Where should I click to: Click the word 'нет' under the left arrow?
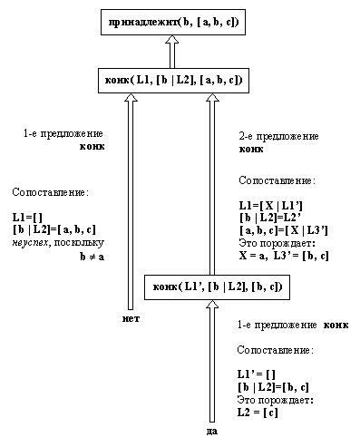(132, 319)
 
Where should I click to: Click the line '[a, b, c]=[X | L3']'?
(282, 230)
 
